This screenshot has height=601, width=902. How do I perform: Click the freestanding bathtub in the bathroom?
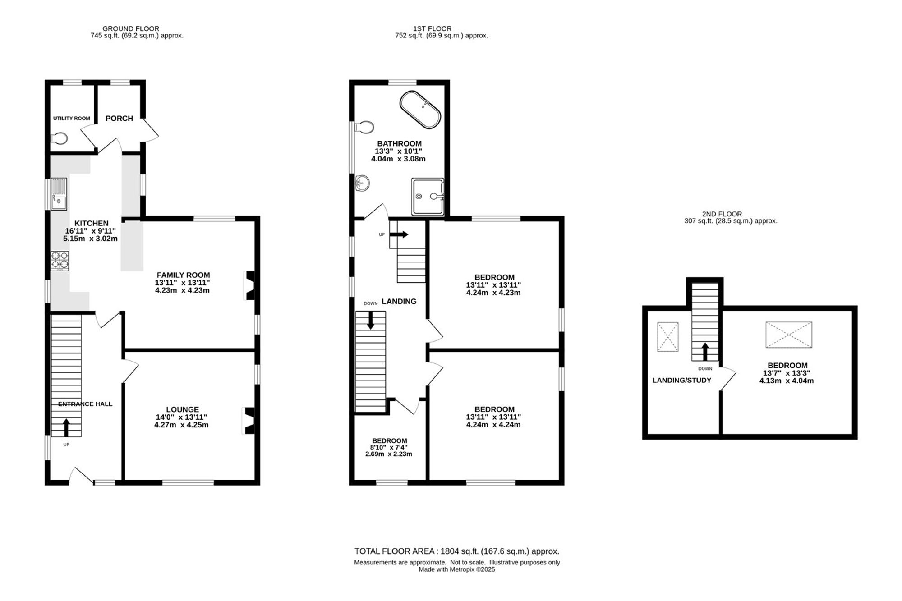(419, 110)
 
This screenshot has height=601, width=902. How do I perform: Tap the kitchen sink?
(59, 194)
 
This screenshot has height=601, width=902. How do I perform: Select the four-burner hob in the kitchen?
(60, 261)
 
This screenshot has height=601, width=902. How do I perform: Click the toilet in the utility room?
(59, 138)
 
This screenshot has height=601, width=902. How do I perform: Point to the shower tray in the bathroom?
(428, 196)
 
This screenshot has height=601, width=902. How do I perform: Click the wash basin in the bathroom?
(362, 183)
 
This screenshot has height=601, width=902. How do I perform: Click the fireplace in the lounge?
(249, 421)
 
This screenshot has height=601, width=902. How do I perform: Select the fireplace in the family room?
(249, 285)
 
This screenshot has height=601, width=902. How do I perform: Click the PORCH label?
(119, 119)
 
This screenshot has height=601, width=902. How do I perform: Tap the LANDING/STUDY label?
(681, 381)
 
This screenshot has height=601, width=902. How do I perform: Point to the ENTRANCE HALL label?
(85, 404)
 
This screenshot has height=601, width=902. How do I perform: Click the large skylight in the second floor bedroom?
(788, 335)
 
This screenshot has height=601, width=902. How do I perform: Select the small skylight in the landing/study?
(667, 337)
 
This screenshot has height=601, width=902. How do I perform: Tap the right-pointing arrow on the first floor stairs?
(399, 234)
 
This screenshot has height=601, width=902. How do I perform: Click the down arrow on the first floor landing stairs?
(370, 320)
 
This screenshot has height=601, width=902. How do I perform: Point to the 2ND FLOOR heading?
(722, 214)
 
